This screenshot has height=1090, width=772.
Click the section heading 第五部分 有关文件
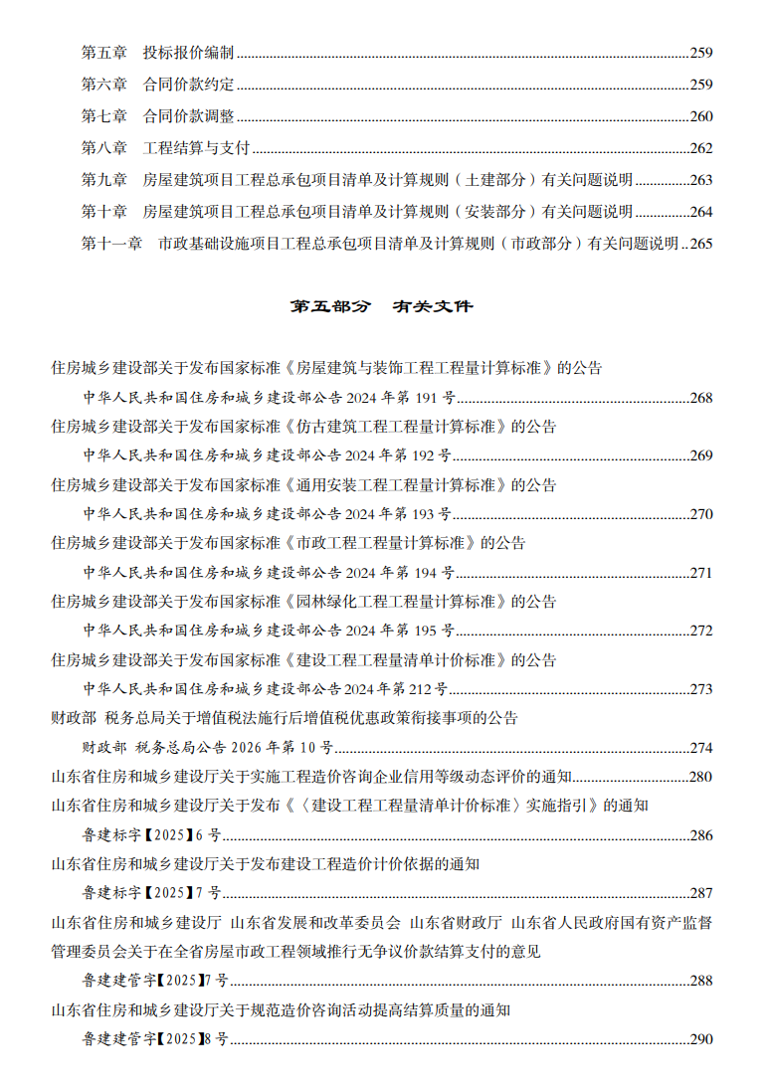click(381, 306)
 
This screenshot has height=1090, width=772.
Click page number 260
click(701, 116)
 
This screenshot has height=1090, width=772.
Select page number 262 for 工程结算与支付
click(701, 148)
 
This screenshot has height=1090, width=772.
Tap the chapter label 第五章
click(103, 53)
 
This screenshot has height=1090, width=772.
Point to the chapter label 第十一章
click(111, 244)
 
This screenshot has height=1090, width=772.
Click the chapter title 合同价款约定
click(189, 85)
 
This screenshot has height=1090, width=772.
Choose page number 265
click(701, 244)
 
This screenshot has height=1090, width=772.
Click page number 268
click(701, 398)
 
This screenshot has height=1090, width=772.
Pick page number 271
click(701, 573)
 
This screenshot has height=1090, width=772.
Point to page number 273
click(701, 689)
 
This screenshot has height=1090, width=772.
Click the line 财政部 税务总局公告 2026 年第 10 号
click(207, 748)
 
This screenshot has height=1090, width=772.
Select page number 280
click(701, 777)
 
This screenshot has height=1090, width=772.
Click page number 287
click(701, 893)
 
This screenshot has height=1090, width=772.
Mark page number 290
click(701, 1039)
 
